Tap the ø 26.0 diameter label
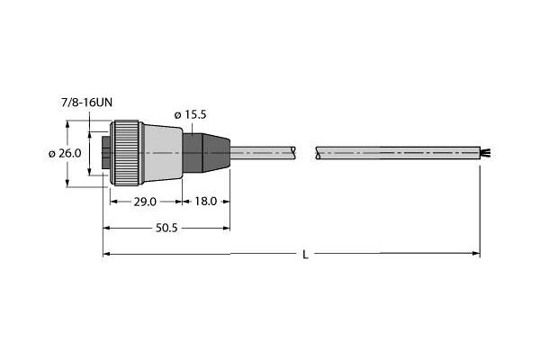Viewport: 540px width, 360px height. tap(65, 153)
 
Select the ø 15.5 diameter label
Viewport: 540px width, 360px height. tap(190, 114)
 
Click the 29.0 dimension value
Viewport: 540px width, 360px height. tap(145, 202)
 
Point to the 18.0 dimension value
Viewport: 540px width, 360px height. tap(206, 202)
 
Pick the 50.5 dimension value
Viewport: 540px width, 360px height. tap(166, 229)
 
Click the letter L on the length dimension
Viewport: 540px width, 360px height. tap(305, 255)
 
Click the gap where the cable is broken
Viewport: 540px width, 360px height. tap(311, 154)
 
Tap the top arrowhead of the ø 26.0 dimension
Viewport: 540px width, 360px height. tap(69, 127)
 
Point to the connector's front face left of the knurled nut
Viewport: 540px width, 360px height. tap(104, 154)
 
